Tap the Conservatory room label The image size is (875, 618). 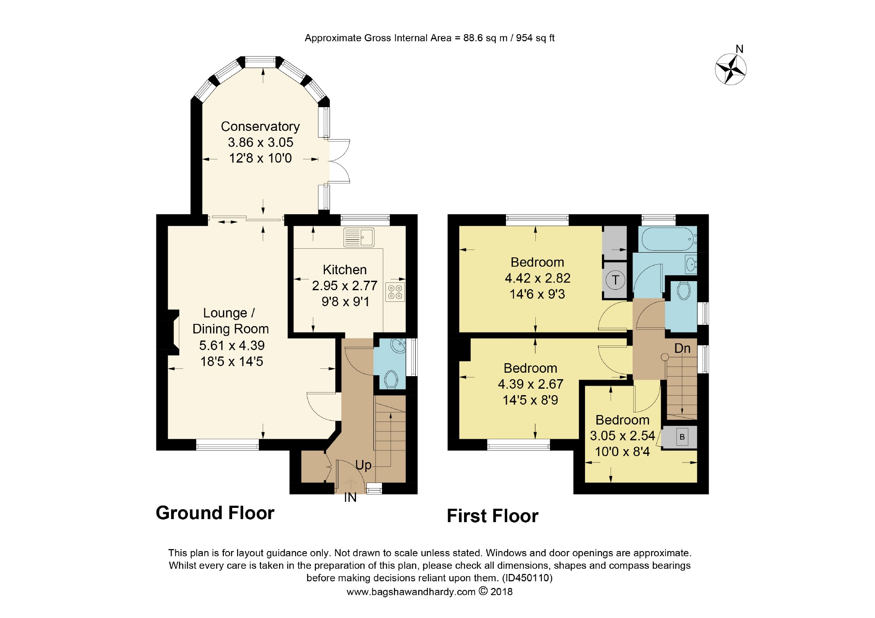260,127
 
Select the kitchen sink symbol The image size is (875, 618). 359,238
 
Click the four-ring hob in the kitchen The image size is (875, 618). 395,292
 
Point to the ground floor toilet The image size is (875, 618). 391,380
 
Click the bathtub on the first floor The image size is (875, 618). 668,239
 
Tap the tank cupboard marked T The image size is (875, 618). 615,280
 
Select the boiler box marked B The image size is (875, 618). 682,437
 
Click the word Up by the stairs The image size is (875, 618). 363,465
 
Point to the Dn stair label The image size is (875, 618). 682,348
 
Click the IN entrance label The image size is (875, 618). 350,498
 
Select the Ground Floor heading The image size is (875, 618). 215,513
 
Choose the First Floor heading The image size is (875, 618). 493,516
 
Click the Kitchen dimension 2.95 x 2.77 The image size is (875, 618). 345,285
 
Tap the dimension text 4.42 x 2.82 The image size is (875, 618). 538,278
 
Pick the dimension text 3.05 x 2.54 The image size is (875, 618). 622,436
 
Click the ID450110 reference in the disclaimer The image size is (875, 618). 527,578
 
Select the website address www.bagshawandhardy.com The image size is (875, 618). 411,592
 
